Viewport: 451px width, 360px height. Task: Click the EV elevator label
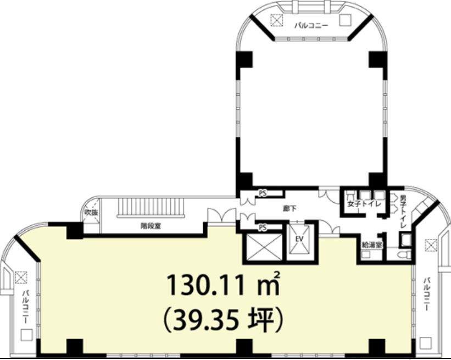[x=299, y=239]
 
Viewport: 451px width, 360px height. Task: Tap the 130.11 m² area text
[x=224, y=285]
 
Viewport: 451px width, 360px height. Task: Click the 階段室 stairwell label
[x=151, y=226]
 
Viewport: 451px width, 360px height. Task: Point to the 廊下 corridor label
[x=289, y=208]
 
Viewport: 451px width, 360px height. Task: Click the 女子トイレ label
[x=364, y=204]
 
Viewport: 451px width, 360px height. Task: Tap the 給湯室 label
[x=372, y=245]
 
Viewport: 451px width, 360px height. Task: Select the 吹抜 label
[x=91, y=213]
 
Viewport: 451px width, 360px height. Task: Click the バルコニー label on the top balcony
[x=311, y=26]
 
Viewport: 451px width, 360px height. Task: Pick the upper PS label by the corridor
[x=263, y=193]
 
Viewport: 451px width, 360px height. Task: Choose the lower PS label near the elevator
[x=263, y=228]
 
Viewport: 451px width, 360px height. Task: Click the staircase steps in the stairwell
[x=151, y=207]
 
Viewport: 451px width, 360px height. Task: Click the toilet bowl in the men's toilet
[x=405, y=254]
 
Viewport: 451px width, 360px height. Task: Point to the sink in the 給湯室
[x=366, y=254]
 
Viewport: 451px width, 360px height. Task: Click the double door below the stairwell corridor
[x=221, y=215]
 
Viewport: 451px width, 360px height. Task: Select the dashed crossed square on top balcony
[x=277, y=20]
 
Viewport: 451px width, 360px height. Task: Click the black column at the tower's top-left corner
[x=244, y=59]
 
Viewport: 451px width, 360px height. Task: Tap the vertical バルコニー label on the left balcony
[x=26, y=307]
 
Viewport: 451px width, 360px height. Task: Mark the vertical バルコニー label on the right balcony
[x=427, y=295]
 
